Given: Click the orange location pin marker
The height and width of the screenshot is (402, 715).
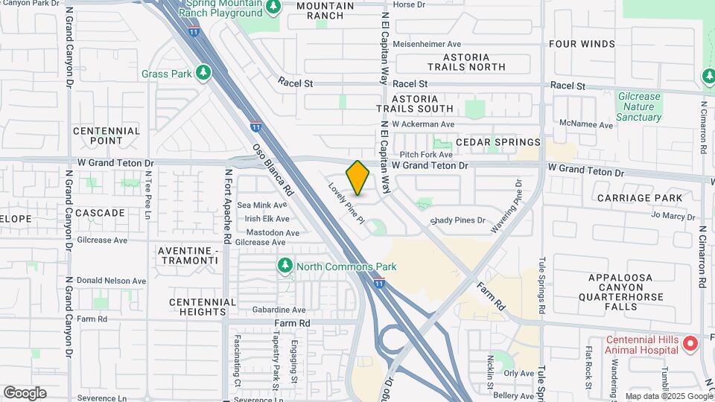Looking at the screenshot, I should (358, 178).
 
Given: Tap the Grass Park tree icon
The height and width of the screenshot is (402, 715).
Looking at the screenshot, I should (203, 73).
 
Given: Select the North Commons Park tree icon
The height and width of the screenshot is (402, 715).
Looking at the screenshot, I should (284, 266).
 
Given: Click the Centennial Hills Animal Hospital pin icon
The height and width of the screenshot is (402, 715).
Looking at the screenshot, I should (690, 343).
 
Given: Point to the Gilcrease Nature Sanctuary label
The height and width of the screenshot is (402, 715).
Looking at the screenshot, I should (638, 106).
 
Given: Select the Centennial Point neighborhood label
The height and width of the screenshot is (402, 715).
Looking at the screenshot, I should (107, 135).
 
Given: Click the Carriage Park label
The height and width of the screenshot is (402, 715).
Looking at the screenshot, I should (640, 198).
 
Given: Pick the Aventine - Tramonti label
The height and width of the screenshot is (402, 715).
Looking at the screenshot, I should (188, 256).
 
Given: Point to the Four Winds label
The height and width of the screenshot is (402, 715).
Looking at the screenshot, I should (582, 44).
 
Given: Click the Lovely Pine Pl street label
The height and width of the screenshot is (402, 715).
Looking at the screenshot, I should (347, 203).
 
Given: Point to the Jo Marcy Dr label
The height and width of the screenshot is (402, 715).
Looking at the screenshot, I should (673, 216).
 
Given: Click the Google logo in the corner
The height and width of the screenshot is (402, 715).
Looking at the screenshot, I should (25, 393).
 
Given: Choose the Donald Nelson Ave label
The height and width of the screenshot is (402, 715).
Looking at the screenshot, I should (112, 281).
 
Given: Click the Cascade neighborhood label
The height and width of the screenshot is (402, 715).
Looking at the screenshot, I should (100, 213).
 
